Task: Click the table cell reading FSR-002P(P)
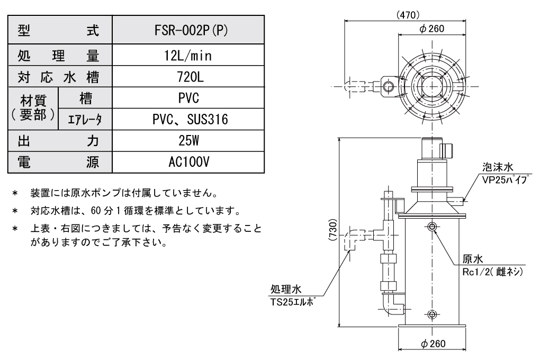pyautogui.click(x=189, y=30)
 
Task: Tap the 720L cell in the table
pyautogui.click(x=189, y=78)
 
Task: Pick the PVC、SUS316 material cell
pyautogui.click(x=189, y=120)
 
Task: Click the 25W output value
pyautogui.click(x=189, y=141)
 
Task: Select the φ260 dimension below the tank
pyautogui.click(x=432, y=343)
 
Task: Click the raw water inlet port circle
pyautogui.click(x=432, y=227)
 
